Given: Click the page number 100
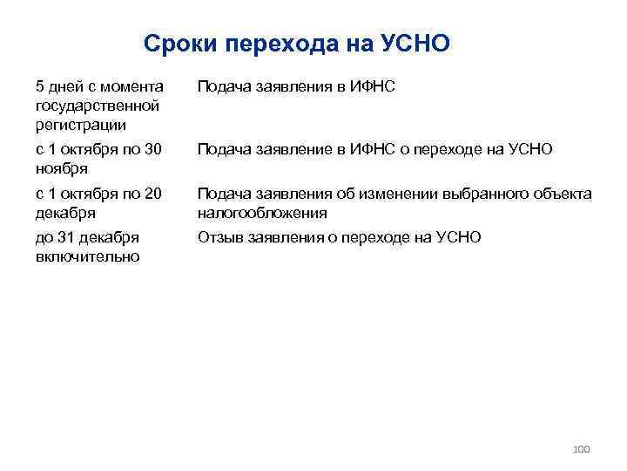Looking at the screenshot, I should pyautogui.click(x=581, y=449).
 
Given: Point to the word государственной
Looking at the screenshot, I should pyautogui.click(x=97, y=106).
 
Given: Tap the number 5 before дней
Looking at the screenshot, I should pyautogui.click(x=40, y=86).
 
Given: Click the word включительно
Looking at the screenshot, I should pyautogui.click(x=87, y=256).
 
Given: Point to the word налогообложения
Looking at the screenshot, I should pyautogui.click(x=262, y=213).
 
